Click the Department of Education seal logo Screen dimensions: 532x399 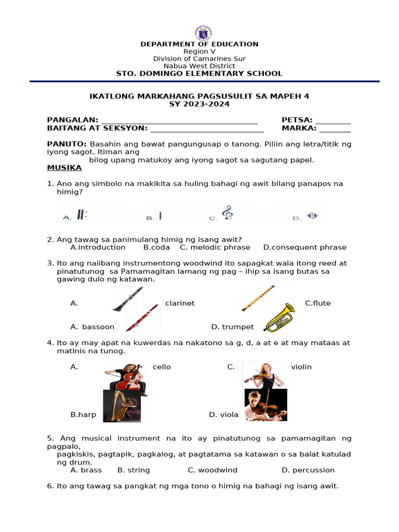click(x=203, y=32)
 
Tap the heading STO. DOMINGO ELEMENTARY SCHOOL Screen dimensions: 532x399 click(x=199, y=74)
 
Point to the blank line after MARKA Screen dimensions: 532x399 click(x=335, y=128)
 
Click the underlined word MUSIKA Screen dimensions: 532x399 click(x=64, y=168)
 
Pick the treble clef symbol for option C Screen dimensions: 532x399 click(x=227, y=212)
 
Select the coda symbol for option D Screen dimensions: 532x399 click(x=312, y=216)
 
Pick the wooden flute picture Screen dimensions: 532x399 click(x=258, y=298)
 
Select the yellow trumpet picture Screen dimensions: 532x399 click(x=279, y=318)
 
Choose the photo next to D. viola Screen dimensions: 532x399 click(x=265, y=405)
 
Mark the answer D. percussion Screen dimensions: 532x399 click(x=308, y=470)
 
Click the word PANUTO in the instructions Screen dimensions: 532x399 click(x=66, y=143)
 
